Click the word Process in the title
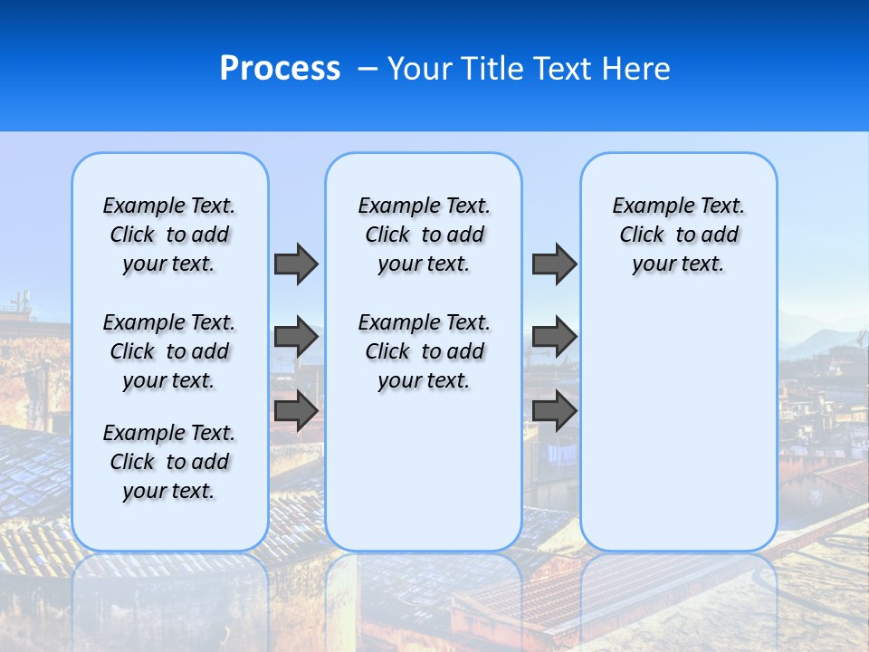click(280, 69)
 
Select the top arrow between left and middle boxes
click(295, 264)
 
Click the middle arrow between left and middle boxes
click(295, 337)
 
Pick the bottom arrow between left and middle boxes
click(295, 411)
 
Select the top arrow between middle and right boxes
click(554, 264)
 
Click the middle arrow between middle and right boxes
click(554, 337)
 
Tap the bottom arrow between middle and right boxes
click(554, 411)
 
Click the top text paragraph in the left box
click(169, 235)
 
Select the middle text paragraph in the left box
click(169, 351)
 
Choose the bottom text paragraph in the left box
click(169, 462)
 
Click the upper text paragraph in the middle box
click(424, 235)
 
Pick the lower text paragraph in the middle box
click(424, 351)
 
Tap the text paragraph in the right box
click(679, 235)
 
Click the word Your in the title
click(420, 69)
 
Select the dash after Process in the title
click(368, 69)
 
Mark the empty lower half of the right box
click(679, 435)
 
